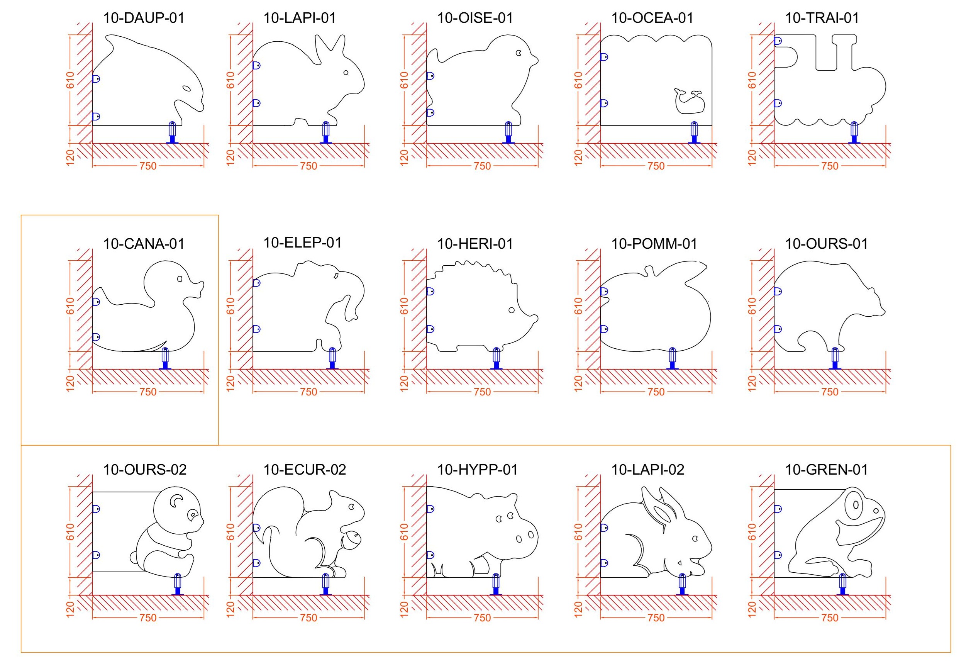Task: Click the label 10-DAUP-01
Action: click(144, 18)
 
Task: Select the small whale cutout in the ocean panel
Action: click(688, 101)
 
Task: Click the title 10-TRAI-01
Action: click(822, 18)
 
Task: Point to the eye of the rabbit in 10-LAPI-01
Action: click(346, 73)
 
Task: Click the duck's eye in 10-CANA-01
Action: click(180, 279)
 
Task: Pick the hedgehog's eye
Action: click(512, 310)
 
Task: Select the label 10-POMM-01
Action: click(654, 244)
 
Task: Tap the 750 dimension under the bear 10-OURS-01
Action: click(829, 392)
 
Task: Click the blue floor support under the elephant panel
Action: click(332, 359)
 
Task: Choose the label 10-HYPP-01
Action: click(477, 470)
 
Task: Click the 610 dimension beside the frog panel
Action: click(752, 532)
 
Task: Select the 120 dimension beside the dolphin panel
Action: click(70, 157)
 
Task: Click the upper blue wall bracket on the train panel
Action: click(778, 41)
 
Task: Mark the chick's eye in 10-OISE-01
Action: click(519, 54)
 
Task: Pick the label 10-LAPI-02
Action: click(647, 470)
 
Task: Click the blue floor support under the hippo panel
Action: click(496, 584)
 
